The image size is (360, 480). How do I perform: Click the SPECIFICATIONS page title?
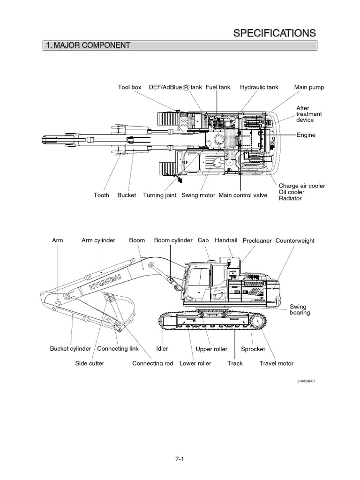point(274,32)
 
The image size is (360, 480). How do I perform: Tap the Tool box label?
point(129,88)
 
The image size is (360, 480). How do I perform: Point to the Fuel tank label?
point(218,88)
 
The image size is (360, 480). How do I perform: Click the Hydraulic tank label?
point(259,88)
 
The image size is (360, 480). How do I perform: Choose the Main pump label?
point(309,88)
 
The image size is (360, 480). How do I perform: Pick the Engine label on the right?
point(306,135)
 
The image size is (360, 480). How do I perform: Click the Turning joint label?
point(160,195)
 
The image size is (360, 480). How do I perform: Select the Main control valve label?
point(243,195)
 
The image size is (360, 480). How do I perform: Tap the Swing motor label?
point(198,195)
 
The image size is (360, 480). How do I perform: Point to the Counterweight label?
point(295,241)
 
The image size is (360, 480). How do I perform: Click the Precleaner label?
point(257,241)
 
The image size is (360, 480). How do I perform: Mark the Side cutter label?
point(90,363)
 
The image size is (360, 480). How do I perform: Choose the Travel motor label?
point(276,363)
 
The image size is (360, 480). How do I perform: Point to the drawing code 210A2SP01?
point(306,381)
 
